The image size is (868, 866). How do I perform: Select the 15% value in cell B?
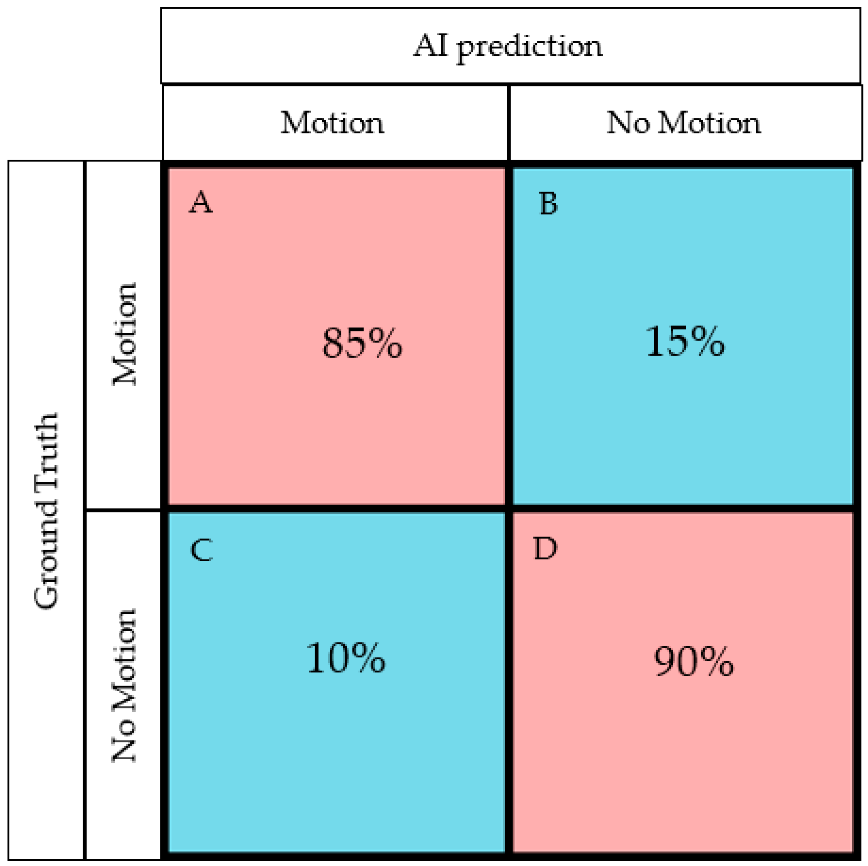click(x=685, y=341)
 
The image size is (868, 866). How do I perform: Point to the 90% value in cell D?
click(x=694, y=662)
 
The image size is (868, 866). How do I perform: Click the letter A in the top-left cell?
click(x=200, y=202)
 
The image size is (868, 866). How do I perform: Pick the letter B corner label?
click(x=548, y=204)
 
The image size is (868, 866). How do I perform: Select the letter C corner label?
click(x=201, y=550)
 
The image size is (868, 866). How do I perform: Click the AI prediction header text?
click(x=508, y=47)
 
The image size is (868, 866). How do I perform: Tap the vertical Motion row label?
click(x=124, y=334)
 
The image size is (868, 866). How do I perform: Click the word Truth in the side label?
click(x=47, y=451)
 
